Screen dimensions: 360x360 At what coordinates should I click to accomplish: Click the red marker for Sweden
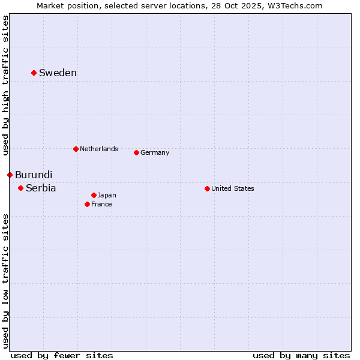34,73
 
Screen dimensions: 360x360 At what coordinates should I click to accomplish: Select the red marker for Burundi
10,175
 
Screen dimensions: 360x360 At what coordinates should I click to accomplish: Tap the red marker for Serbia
20,188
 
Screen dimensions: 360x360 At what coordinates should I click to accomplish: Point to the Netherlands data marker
76,149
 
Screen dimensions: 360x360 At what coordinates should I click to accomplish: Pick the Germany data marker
136,152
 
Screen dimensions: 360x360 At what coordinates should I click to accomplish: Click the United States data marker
207,188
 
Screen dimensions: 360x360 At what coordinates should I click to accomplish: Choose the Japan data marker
94,195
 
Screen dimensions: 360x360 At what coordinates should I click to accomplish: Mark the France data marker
87,204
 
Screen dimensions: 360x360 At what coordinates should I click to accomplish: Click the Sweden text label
58,73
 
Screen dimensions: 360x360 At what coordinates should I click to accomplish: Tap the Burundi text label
34,175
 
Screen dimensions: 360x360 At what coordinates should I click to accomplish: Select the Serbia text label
41,188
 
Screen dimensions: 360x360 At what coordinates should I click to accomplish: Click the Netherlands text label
99,149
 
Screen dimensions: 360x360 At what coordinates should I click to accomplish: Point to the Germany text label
155,152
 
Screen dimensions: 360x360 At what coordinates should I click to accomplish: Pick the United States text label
233,188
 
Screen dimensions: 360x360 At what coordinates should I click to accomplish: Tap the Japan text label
107,195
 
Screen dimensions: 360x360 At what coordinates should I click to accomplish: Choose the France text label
101,204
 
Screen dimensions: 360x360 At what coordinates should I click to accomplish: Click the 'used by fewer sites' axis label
62,355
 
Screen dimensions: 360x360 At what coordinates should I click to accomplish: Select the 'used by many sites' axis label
301,355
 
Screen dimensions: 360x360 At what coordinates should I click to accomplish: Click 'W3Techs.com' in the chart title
295,5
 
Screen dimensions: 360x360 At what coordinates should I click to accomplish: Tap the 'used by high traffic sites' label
5,85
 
